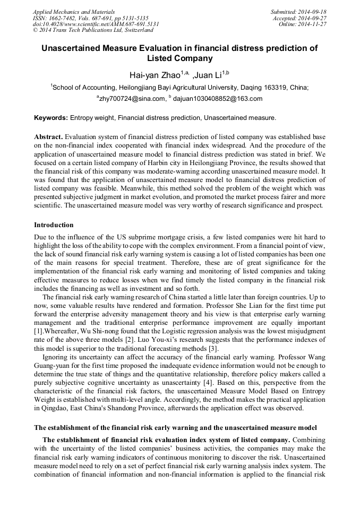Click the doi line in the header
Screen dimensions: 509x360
tap(96, 24)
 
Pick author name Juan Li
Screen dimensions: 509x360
tap(209, 75)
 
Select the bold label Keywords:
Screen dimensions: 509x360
tap(51, 117)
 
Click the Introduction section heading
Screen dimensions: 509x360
tap(54, 225)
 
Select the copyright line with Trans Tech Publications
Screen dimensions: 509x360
tap(93, 31)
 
